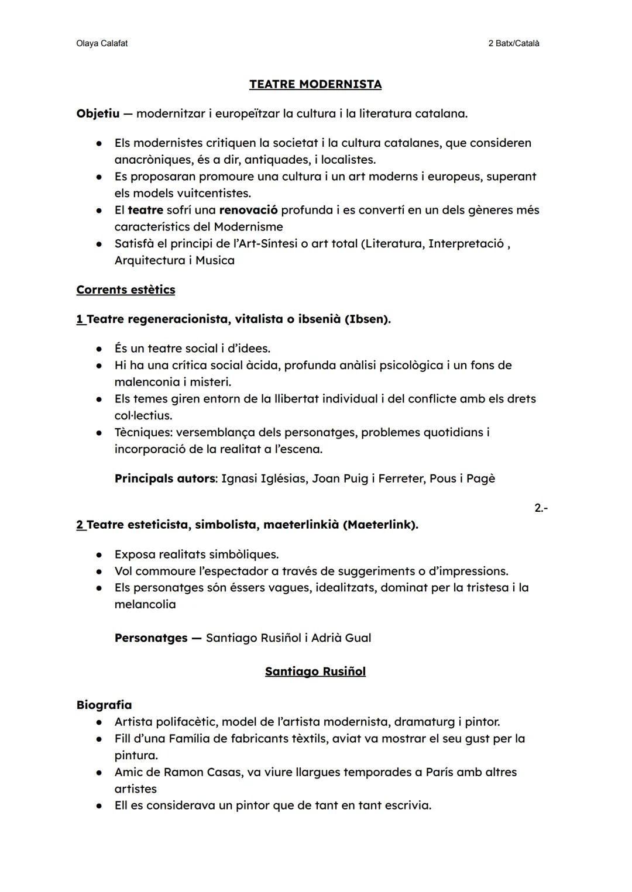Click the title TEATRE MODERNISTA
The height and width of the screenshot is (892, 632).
[315, 84]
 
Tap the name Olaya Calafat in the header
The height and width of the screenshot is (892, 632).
[102, 43]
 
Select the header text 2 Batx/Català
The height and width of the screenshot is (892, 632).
[513, 43]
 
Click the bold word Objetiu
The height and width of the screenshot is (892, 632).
[98, 113]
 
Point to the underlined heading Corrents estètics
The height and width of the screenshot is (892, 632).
[125, 290]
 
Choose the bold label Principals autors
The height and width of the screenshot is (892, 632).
[164, 478]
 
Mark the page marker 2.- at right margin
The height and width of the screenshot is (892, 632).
[541, 508]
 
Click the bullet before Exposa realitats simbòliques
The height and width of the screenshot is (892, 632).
[100, 555]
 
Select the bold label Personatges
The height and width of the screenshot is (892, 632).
[151, 638]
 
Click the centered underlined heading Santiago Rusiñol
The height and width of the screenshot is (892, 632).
[315, 671]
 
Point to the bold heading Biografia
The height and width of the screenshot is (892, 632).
[104, 705]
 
